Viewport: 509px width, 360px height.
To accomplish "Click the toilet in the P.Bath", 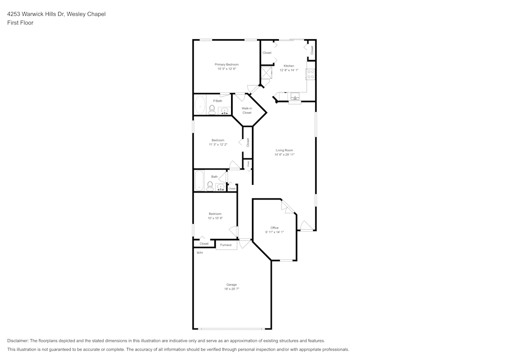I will click(212, 109).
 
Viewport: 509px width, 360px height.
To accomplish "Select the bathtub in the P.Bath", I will click(200, 105).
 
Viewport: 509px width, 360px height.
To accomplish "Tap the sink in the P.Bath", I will click(224, 110).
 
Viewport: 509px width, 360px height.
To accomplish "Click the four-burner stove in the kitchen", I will click(310, 74).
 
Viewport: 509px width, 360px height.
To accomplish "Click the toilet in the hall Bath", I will click(210, 185).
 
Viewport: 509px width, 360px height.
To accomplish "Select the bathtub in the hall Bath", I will click(199, 181).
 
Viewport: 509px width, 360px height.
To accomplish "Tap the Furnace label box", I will click(226, 245).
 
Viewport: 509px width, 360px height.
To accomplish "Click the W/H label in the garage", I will click(200, 253).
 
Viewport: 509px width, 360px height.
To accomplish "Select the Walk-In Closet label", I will click(247, 110).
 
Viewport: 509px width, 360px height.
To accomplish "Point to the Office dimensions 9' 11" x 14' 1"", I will click(274, 232).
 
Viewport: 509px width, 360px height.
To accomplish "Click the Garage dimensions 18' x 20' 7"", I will click(232, 289).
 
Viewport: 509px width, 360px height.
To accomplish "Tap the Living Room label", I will click(285, 150).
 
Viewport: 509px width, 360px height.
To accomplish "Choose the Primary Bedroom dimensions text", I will click(227, 69).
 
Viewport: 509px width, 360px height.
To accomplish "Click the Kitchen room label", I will click(289, 66).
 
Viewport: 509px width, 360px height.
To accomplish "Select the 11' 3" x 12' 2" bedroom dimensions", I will click(218, 144).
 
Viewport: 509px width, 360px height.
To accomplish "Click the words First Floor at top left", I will click(20, 23).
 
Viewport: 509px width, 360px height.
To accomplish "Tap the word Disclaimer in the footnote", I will click(18, 341).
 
